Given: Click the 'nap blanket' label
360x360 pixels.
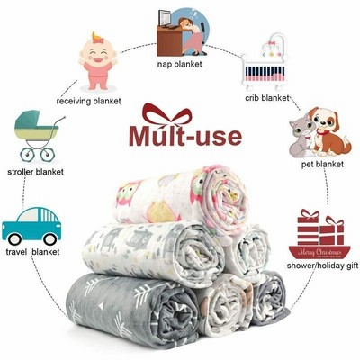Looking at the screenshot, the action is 179,64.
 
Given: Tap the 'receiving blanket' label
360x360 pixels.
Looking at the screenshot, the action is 88,101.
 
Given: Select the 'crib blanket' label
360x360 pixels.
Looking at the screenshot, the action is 267,98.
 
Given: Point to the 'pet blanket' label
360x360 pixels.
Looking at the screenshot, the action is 322,165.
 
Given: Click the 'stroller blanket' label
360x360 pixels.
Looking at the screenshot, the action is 35,172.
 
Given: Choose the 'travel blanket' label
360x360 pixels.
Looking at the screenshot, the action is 32,252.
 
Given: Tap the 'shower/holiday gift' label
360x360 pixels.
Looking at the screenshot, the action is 322,265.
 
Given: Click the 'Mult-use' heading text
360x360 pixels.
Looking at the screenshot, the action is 185,137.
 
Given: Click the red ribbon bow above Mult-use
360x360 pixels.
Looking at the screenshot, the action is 167,115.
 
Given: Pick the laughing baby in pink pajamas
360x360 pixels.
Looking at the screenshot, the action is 98,61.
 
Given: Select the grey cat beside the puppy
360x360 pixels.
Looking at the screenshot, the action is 301,138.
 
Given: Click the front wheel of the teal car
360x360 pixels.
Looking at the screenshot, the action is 49,239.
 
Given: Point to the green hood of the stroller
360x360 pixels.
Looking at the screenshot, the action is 29,119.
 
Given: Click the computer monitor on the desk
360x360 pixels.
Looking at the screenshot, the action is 164,18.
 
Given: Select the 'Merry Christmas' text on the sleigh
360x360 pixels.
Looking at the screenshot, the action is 319,252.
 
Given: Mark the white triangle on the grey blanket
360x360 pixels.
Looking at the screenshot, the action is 102,305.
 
